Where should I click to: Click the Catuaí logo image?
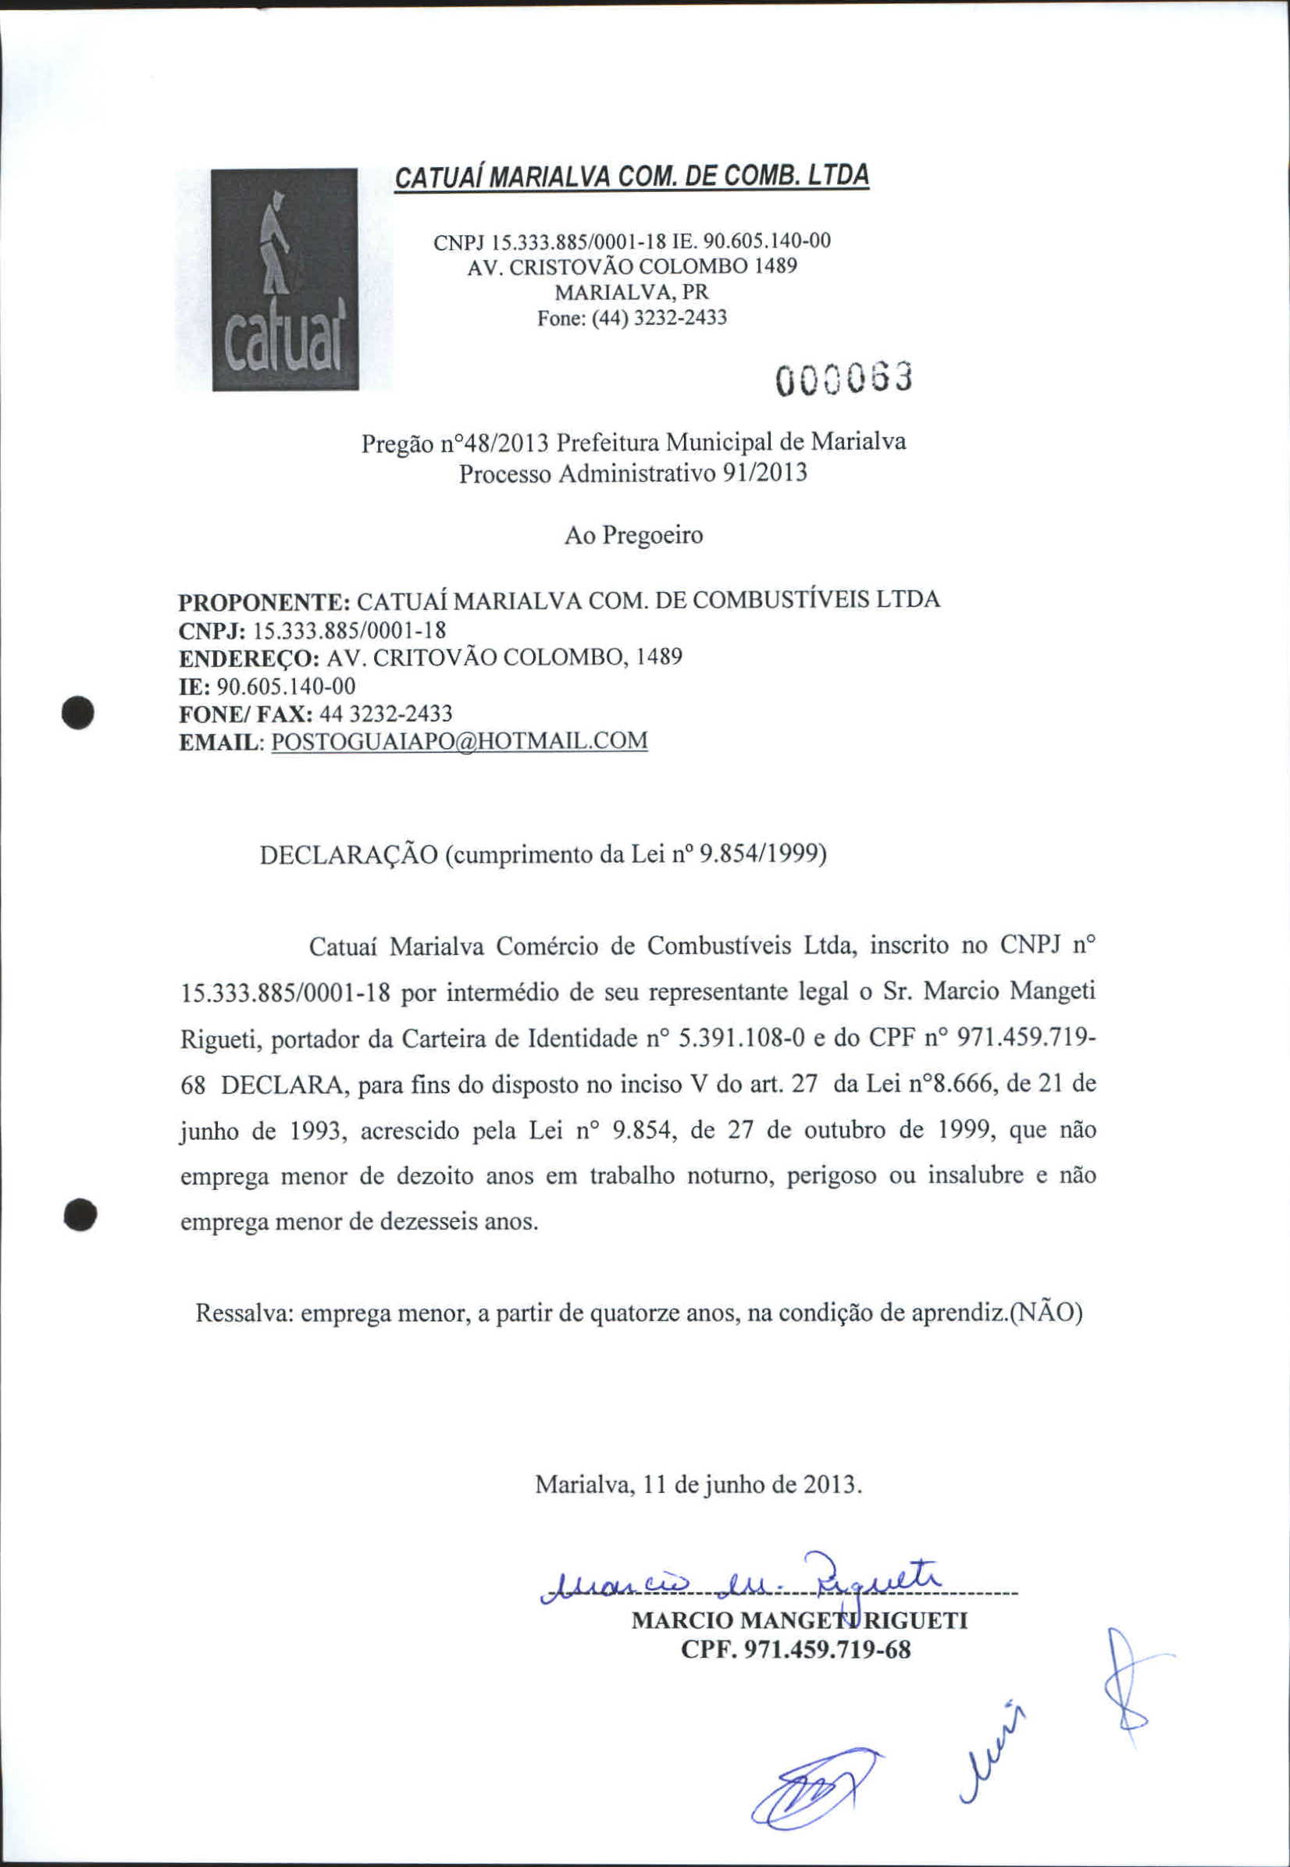pos(284,279)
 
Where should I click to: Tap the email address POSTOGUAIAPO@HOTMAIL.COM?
pos(459,741)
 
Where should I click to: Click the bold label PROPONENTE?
pos(263,602)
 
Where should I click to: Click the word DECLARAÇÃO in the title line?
pos(349,854)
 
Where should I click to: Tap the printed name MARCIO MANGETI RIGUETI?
pos(799,1620)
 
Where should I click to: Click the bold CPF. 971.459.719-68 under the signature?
pos(796,1650)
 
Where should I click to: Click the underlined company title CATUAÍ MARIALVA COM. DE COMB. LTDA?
pos(631,176)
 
